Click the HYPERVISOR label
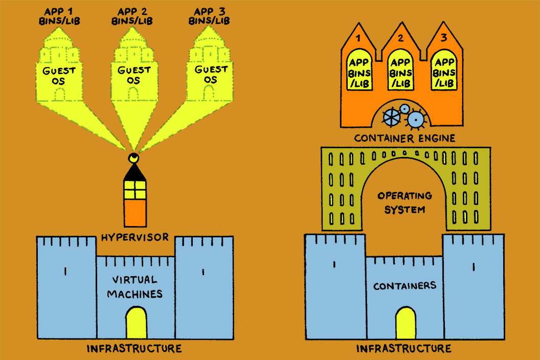tap(135, 238)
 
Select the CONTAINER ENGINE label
tap(404, 138)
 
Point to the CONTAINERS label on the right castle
tap(404, 286)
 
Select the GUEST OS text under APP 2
tap(134, 75)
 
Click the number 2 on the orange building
tap(400, 38)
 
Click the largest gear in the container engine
tap(416, 119)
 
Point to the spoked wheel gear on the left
tap(392, 116)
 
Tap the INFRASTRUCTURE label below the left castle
tap(134, 349)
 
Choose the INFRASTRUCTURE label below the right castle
tap(404, 349)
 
